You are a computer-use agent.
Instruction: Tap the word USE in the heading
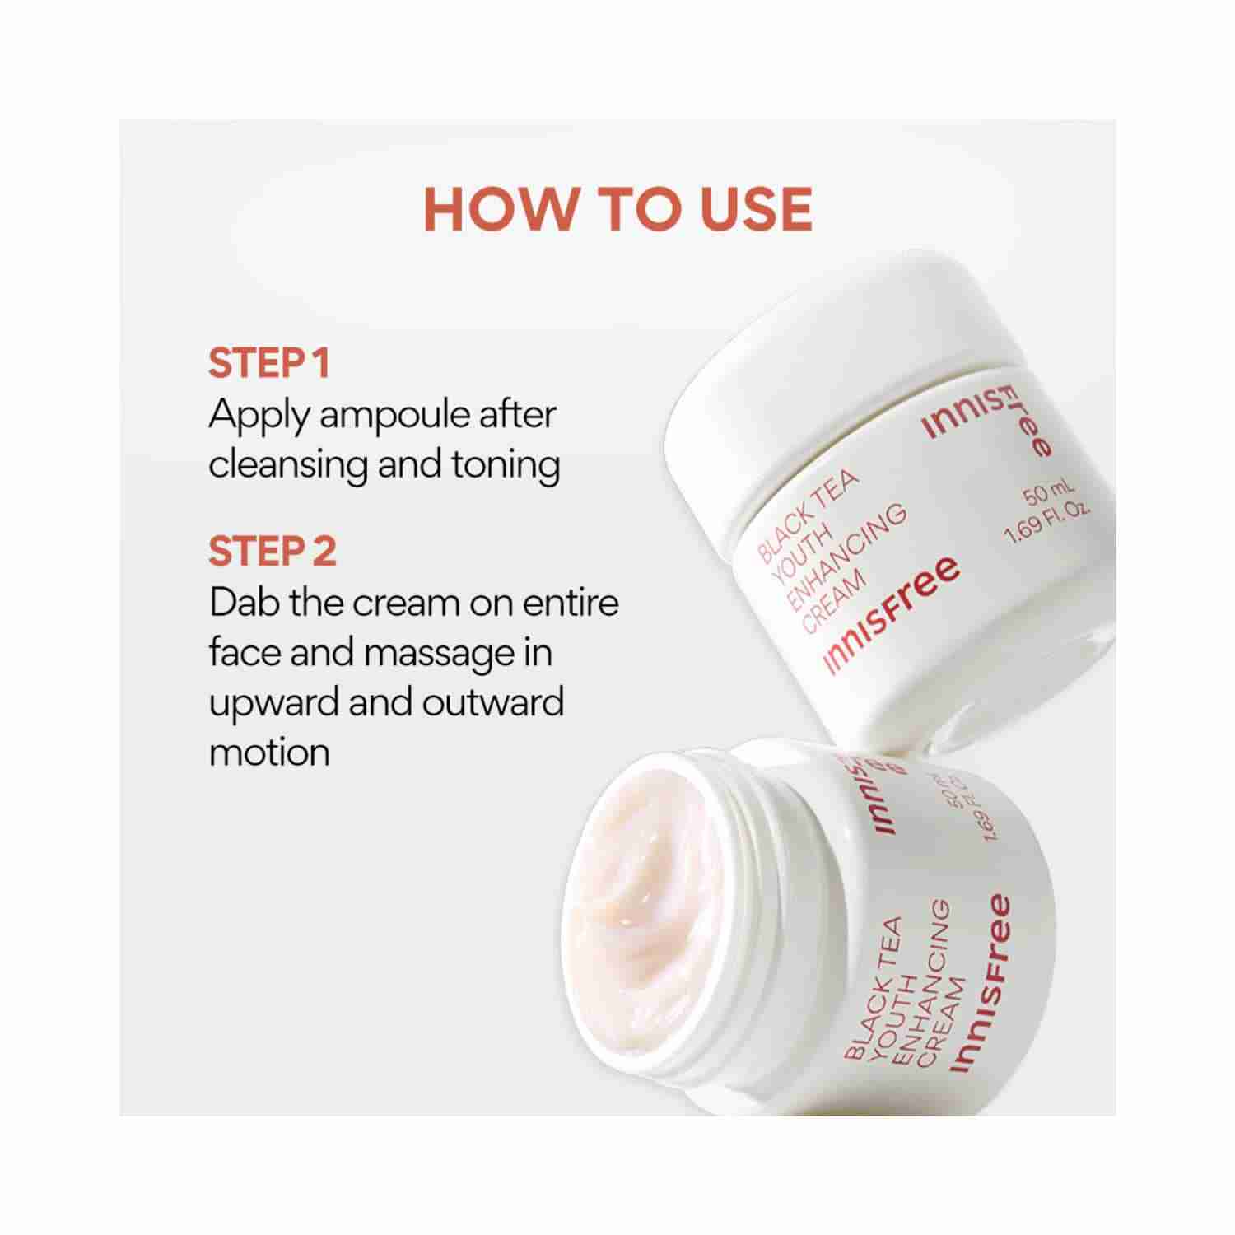(x=756, y=208)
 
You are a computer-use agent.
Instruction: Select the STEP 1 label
(x=269, y=363)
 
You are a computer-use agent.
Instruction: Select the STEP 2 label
(x=273, y=552)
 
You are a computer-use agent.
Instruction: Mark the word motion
(x=269, y=753)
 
